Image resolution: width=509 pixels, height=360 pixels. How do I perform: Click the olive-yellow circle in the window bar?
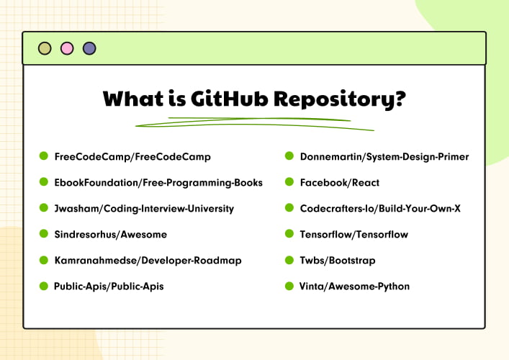(45, 49)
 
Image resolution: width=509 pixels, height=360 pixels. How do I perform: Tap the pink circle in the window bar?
(67, 49)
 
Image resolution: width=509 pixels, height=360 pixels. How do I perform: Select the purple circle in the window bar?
(89, 49)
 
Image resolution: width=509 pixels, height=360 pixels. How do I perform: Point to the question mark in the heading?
(397, 99)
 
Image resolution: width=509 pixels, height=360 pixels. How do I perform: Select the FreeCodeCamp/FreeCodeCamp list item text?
(132, 156)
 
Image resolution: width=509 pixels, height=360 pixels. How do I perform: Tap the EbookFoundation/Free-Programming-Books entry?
(158, 183)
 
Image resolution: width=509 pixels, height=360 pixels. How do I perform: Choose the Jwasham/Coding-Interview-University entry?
(144, 209)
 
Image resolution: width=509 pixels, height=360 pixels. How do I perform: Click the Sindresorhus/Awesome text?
(111, 235)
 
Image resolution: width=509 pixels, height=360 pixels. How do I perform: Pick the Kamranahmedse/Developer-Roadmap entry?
(148, 261)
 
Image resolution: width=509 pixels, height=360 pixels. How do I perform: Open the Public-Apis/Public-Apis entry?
(109, 287)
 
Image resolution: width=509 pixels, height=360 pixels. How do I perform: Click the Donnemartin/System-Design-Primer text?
(384, 156)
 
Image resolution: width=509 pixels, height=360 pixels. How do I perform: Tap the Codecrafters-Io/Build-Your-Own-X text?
(379, 209)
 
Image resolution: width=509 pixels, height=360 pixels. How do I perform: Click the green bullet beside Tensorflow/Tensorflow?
(289, 234)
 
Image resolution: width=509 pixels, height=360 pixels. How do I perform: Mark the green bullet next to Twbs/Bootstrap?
(289, 260)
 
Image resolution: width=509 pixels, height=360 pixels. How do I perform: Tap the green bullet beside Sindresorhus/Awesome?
(44, 234)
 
